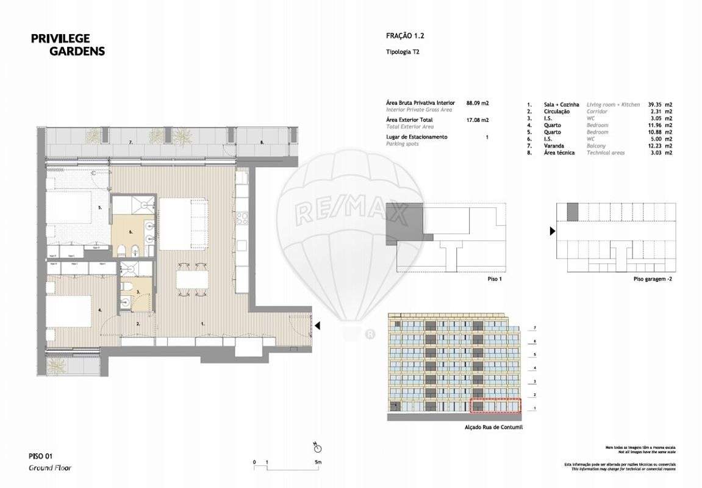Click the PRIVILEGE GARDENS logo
(68, 45)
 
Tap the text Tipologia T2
(403, 52)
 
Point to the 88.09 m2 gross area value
(478, 104)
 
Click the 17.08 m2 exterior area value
(478, 120)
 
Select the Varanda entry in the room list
(554, 146)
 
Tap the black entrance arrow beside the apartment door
(318, 327)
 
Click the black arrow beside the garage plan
(553, 231)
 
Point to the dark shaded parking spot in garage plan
(572, 212)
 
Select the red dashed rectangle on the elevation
(496, 407)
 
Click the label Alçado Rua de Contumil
(493, 428)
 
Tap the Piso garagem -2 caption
(652, 279)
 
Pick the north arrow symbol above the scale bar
(315, 444)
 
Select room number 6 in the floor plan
(131, 232)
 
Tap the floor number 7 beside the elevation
(535, 328)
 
